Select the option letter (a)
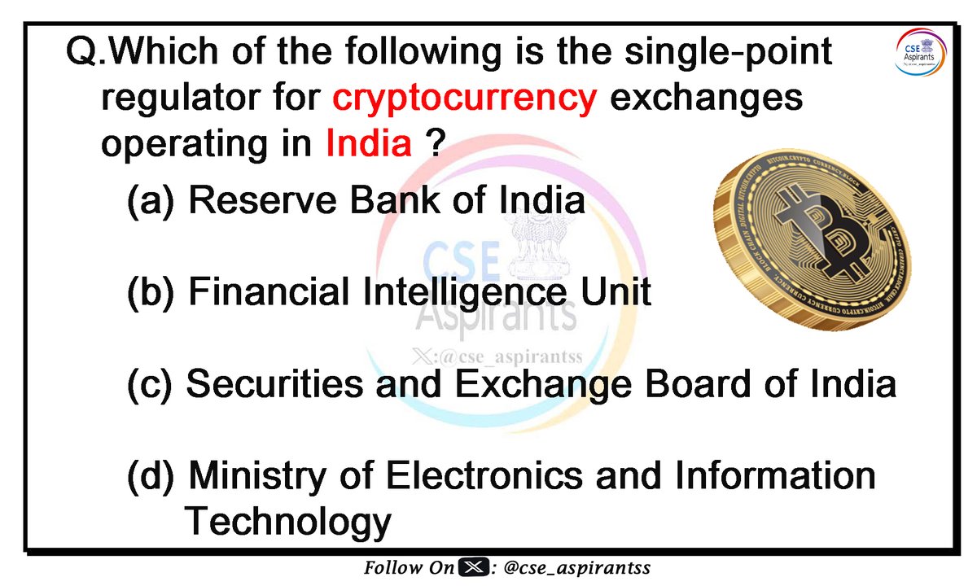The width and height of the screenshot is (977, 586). (150, 201)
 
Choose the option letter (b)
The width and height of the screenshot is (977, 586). (150, 292)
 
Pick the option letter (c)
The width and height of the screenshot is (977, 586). (150, 385)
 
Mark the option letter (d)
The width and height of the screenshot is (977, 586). (150, 476)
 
